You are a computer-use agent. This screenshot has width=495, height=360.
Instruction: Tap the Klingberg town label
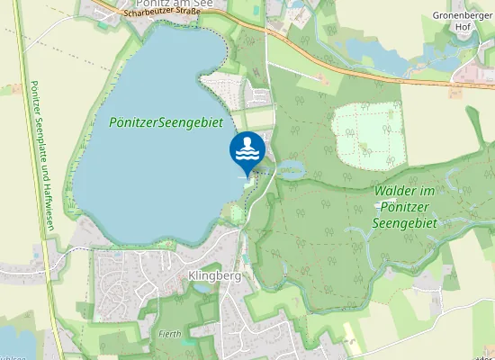[215, 276]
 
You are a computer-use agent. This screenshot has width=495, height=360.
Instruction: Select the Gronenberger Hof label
[463, 15]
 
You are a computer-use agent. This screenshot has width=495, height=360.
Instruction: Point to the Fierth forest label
[170, 334]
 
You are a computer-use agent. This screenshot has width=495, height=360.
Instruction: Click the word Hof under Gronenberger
[463, 27]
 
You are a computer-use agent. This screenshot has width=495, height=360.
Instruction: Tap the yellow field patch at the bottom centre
[351, 343]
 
